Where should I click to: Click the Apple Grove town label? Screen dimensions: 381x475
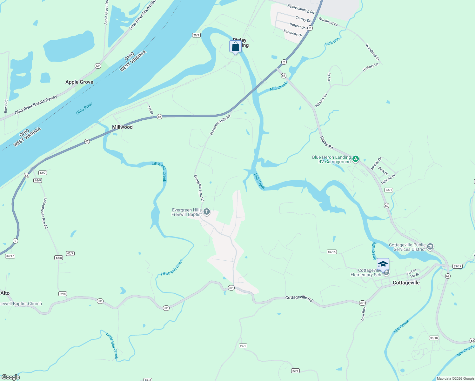(79, 82)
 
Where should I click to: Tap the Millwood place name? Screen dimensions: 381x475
(122, 127)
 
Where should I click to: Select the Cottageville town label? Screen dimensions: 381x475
(406, 283)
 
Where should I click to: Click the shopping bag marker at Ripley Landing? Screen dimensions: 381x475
(235, 47)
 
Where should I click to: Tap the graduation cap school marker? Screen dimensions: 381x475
(383, 264)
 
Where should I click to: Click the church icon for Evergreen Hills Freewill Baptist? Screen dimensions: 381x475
(207, 212)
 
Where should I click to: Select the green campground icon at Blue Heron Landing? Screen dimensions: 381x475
(356, 159)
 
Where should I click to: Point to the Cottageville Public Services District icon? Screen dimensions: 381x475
(430, 247)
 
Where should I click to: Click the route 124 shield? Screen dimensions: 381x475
(98, 66)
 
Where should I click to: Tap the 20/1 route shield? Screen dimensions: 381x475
(196, 35)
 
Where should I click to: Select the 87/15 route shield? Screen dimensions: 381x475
(331, 252)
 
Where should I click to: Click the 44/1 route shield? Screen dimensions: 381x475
(389, 190)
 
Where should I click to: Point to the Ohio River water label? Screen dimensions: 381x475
(84, 108)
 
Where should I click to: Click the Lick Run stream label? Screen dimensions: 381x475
(332, 41)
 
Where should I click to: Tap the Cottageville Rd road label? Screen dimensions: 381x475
(299, 298)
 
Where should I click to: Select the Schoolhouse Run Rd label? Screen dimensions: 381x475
(45, 213)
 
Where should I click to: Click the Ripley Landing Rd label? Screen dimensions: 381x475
(300, 9)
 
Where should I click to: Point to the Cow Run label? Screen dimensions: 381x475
(363, 314)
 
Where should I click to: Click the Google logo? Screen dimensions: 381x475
(10, 377)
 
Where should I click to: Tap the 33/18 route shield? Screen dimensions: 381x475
(434, 338)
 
